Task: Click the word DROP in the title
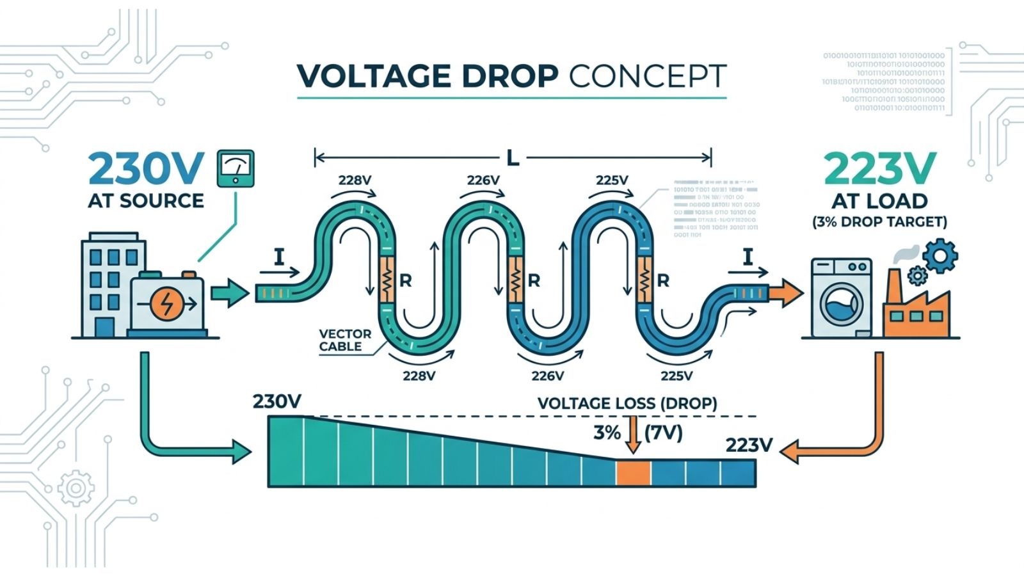[x=509, y=76]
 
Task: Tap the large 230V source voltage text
[x=146, y=169]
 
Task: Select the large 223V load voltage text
[x=880, y=169]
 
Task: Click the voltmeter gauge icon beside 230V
[x=236, y=168]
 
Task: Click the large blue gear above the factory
[x=940, y=255]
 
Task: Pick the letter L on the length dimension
[x=513, y=158]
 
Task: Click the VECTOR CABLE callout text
[x=344, y=340]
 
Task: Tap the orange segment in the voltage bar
[x=633, y=473]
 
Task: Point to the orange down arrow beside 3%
[x=633, y=435]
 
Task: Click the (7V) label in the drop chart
[x=663, y=433]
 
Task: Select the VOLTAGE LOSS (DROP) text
[x=627, y=404]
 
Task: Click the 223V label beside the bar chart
[x=749, y=445]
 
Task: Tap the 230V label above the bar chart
[x=276, y=401]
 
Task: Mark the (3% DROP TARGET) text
[x=879, y=222]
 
